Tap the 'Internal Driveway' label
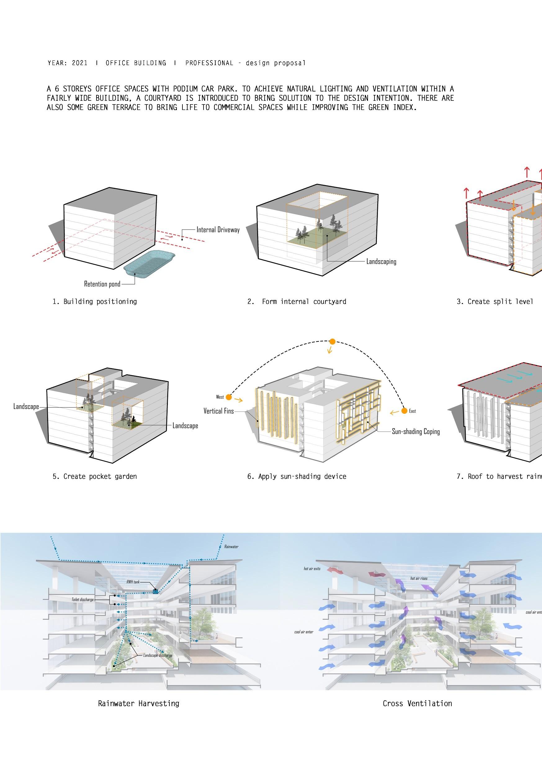click(x=218, y=229)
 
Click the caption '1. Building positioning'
click(x=94, y=302)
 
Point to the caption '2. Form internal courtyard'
click(x=297, y=302)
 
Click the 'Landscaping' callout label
click(x=381, y=261)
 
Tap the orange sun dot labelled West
click(x=229, y=397)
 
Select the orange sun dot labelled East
click(x=404, y=411)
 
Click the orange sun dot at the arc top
click(x=332, y=342)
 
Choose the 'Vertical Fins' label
click(x=219, y=411)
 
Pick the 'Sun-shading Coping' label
click(x=416, y=431)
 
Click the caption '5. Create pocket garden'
click(x=94, y=476)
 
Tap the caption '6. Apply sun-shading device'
click(x=297, y=476)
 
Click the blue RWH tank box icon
click(x=155, y=591)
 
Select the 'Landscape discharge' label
click(x=158, y=655)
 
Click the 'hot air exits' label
click(x=312, y=569)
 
